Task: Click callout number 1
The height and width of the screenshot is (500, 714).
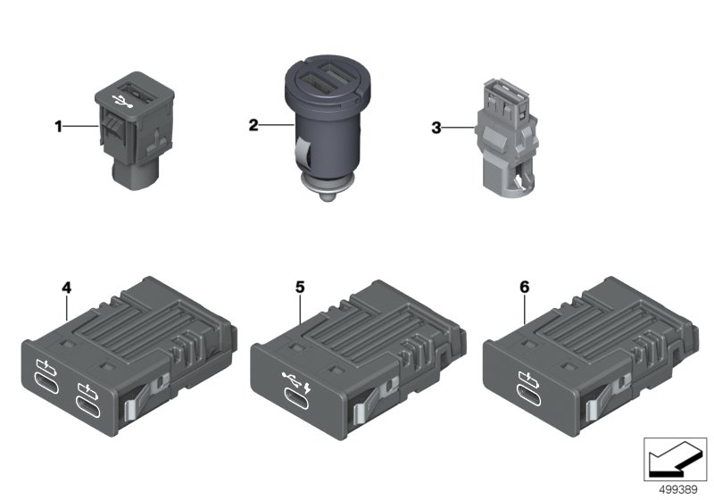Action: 58,126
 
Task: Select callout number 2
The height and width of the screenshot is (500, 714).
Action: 253,125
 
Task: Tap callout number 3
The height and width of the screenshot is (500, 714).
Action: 436,128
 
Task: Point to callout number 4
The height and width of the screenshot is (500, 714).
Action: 66,287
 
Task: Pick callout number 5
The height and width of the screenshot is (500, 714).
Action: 300,287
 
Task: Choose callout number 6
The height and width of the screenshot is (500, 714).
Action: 525,287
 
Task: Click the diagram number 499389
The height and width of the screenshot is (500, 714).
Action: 677,490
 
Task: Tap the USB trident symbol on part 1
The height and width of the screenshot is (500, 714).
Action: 121,101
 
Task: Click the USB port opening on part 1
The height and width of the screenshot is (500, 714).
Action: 133,87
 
